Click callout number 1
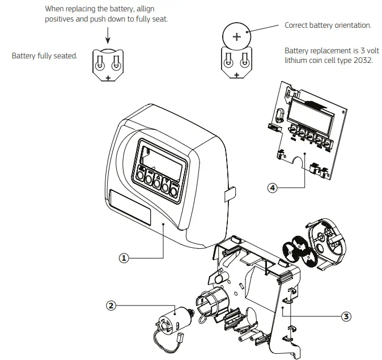click(x=124, y=257)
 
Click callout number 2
click(x=112, y=306)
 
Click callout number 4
click(x=273, y=188)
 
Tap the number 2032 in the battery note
click(x=363, y=60)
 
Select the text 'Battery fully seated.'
click(x=44, y=56)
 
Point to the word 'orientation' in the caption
click(x=351, y=25)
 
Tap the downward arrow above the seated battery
click(x=108, y=35)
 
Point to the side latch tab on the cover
click(x=229, y=194)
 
